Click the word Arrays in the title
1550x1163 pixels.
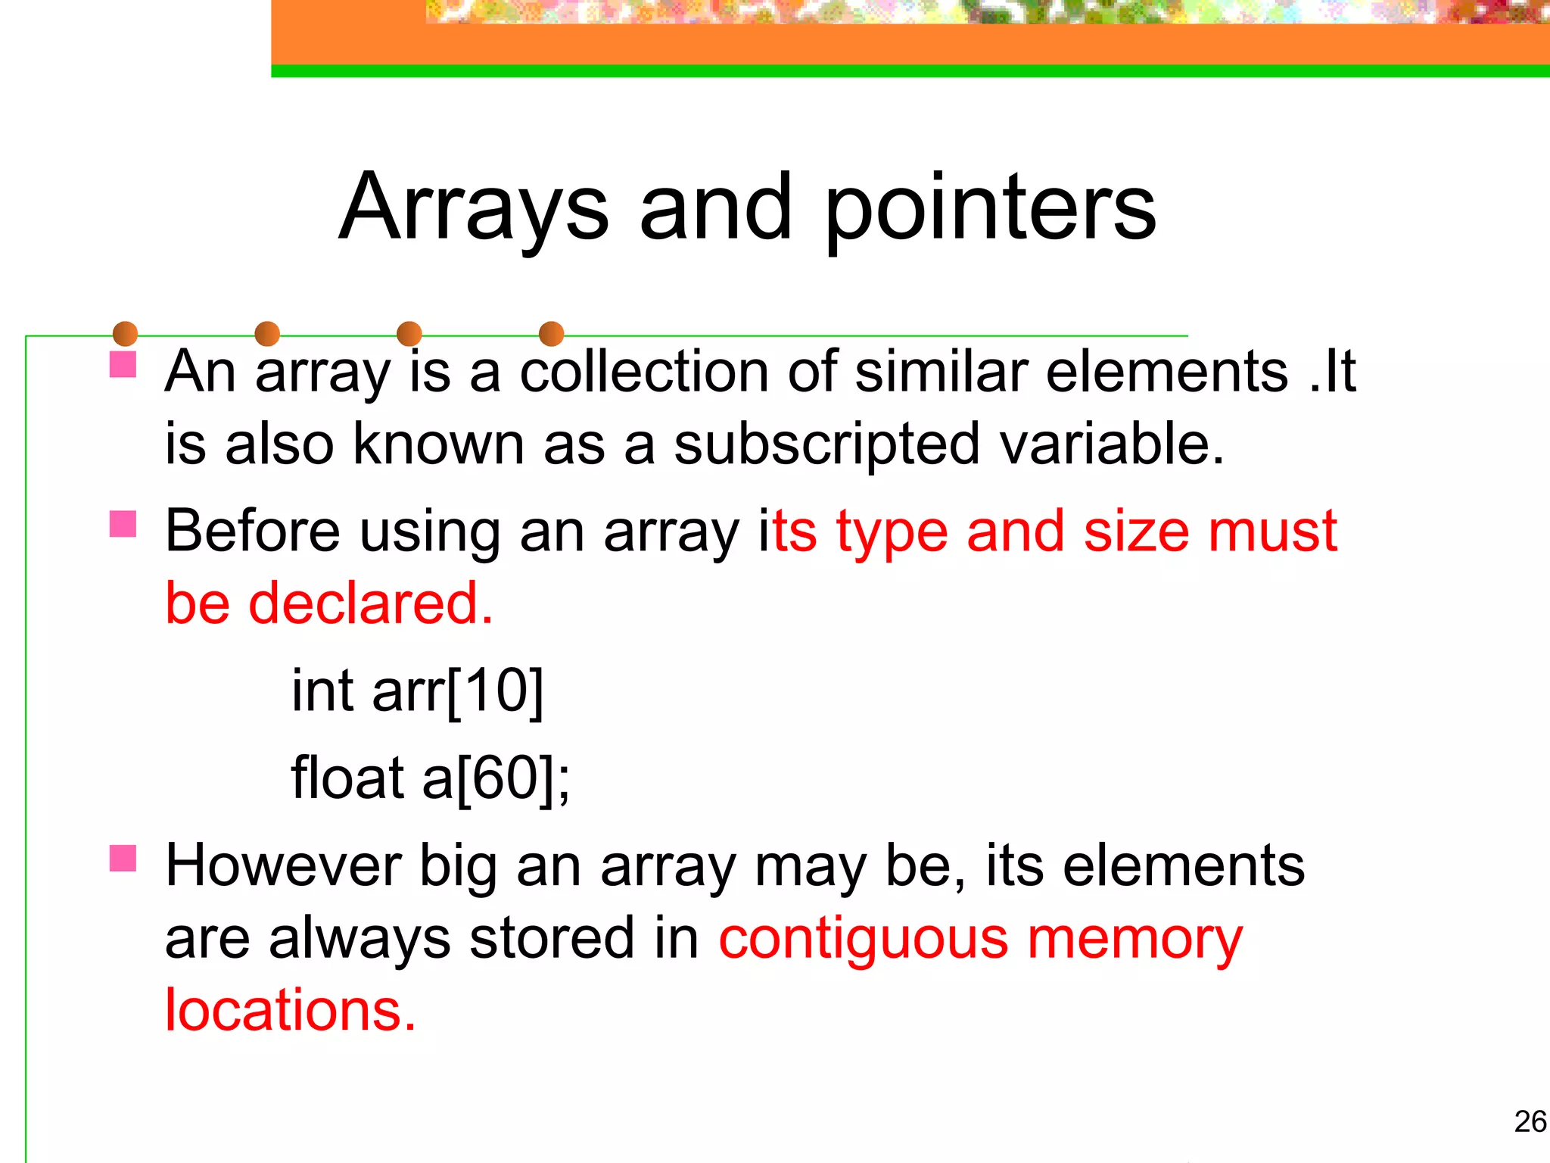(474, 207)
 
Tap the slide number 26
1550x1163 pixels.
(1530, 1121)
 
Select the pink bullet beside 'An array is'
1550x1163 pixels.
(123, 364)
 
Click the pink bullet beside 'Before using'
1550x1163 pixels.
(123, 524)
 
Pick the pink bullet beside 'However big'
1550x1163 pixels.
(123, 859)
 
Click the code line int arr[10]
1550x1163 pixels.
(417, 691)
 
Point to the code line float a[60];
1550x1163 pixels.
(430, 778)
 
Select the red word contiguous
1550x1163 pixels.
(863, 939)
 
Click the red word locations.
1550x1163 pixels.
(291, 1010)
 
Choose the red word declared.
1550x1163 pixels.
(371, 603)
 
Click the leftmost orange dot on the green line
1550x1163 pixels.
(125, 334)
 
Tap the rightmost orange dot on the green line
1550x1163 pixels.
(551, 334)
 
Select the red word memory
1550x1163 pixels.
(1134, 939)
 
